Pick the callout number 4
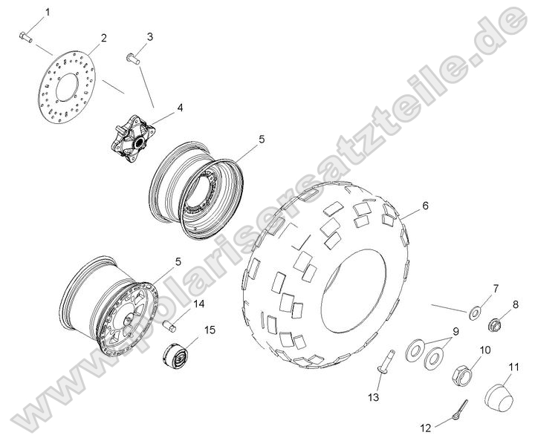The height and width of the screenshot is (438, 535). [179, 107]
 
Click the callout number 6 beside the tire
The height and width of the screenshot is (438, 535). [425, 206]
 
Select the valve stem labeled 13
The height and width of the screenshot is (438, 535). [385, 365]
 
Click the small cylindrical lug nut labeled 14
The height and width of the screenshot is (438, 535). [169, 324]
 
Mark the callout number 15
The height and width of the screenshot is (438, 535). [210, 330]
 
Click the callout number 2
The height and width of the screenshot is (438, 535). [103, 38]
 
